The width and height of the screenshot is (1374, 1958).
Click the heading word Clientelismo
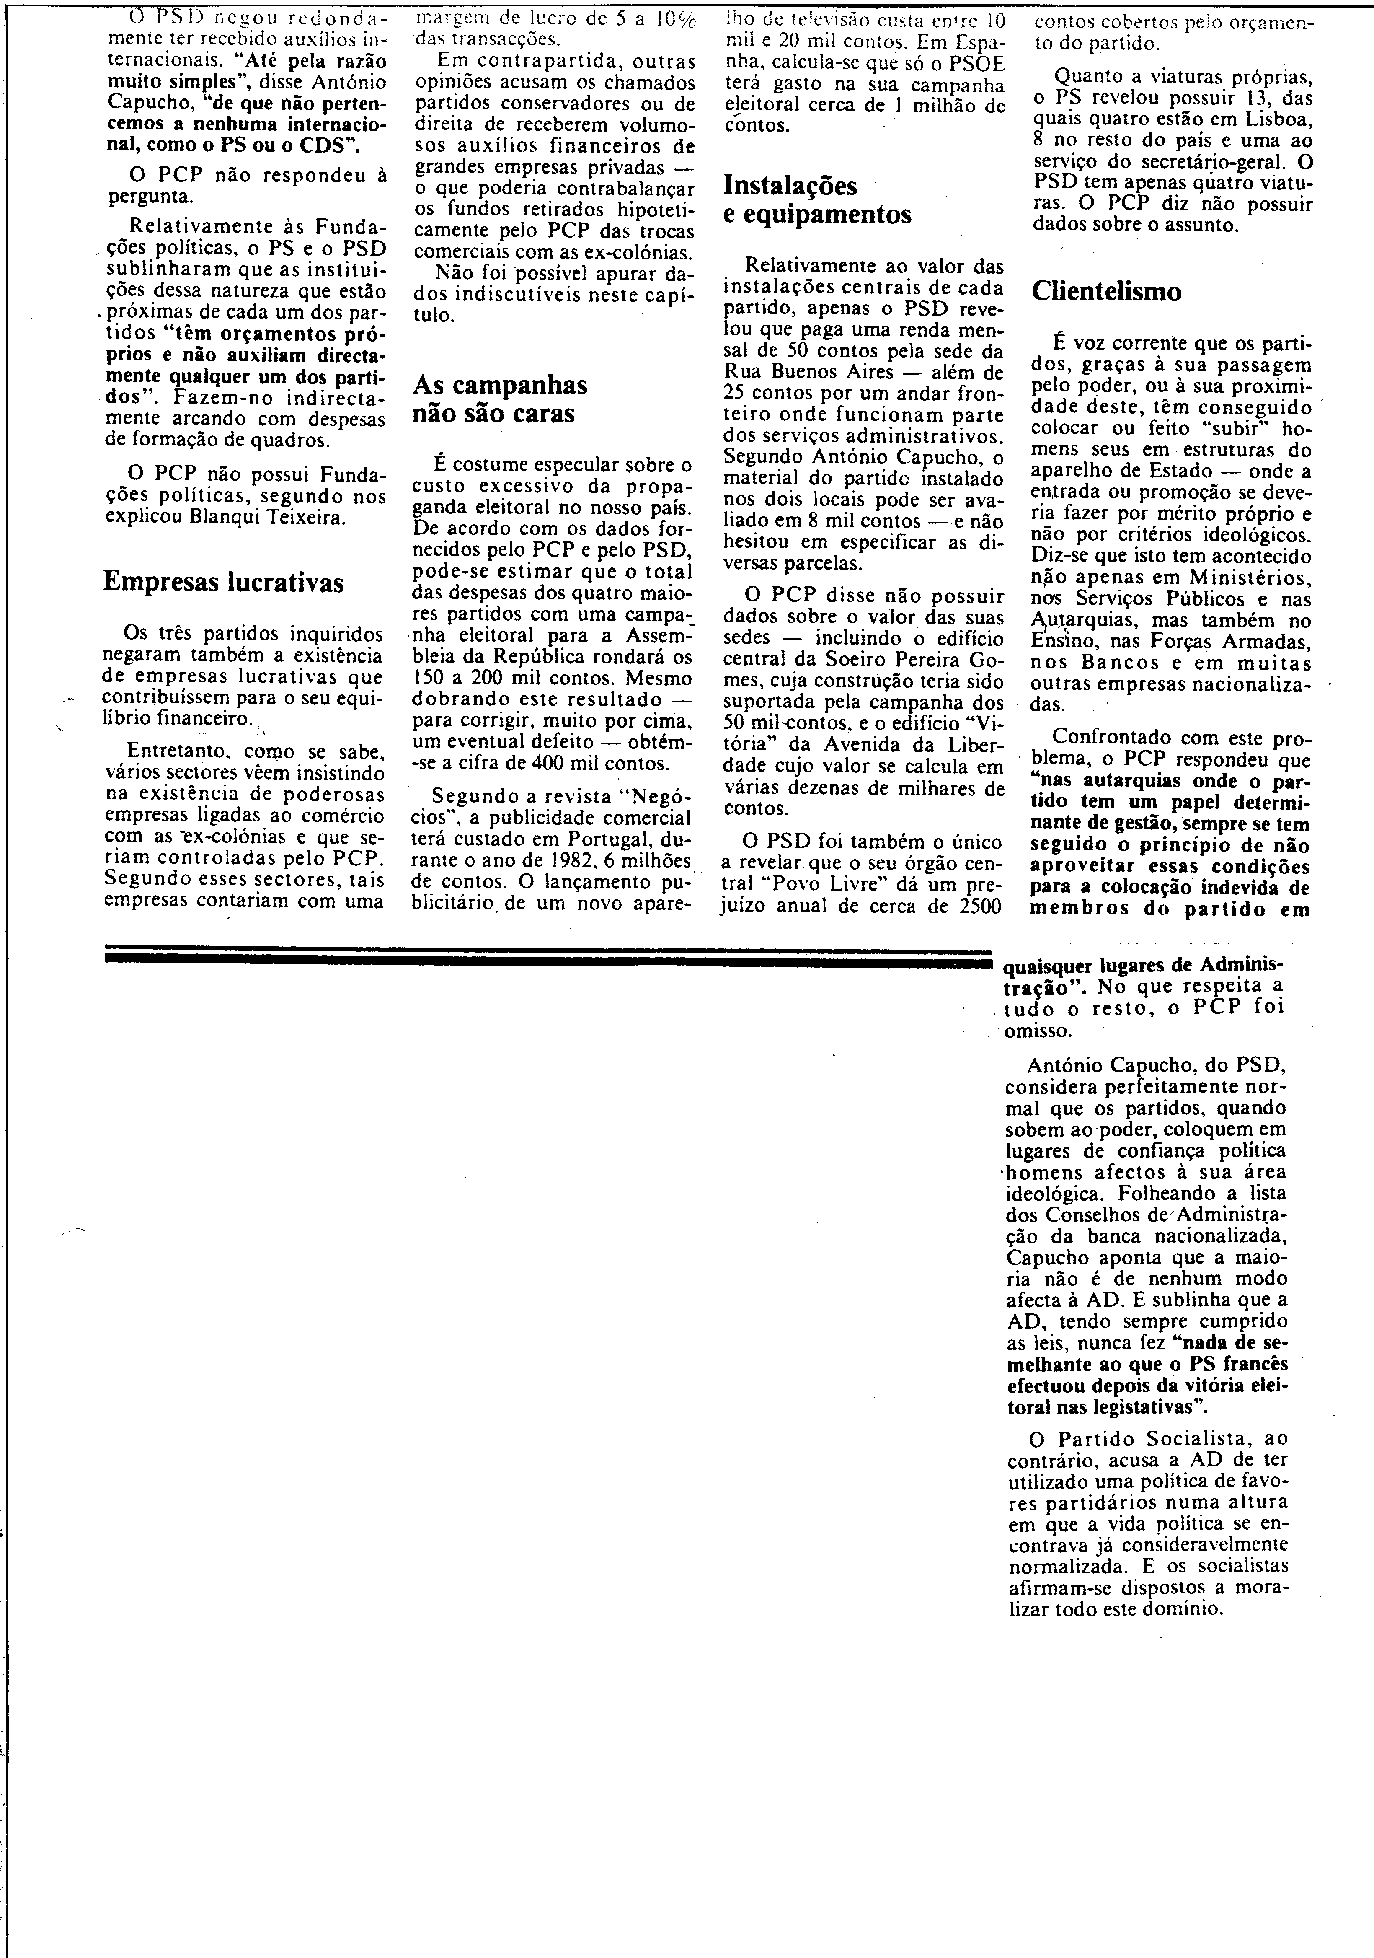[x=1106, y=292]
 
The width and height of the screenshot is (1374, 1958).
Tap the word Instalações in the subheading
[x=790, y=186]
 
